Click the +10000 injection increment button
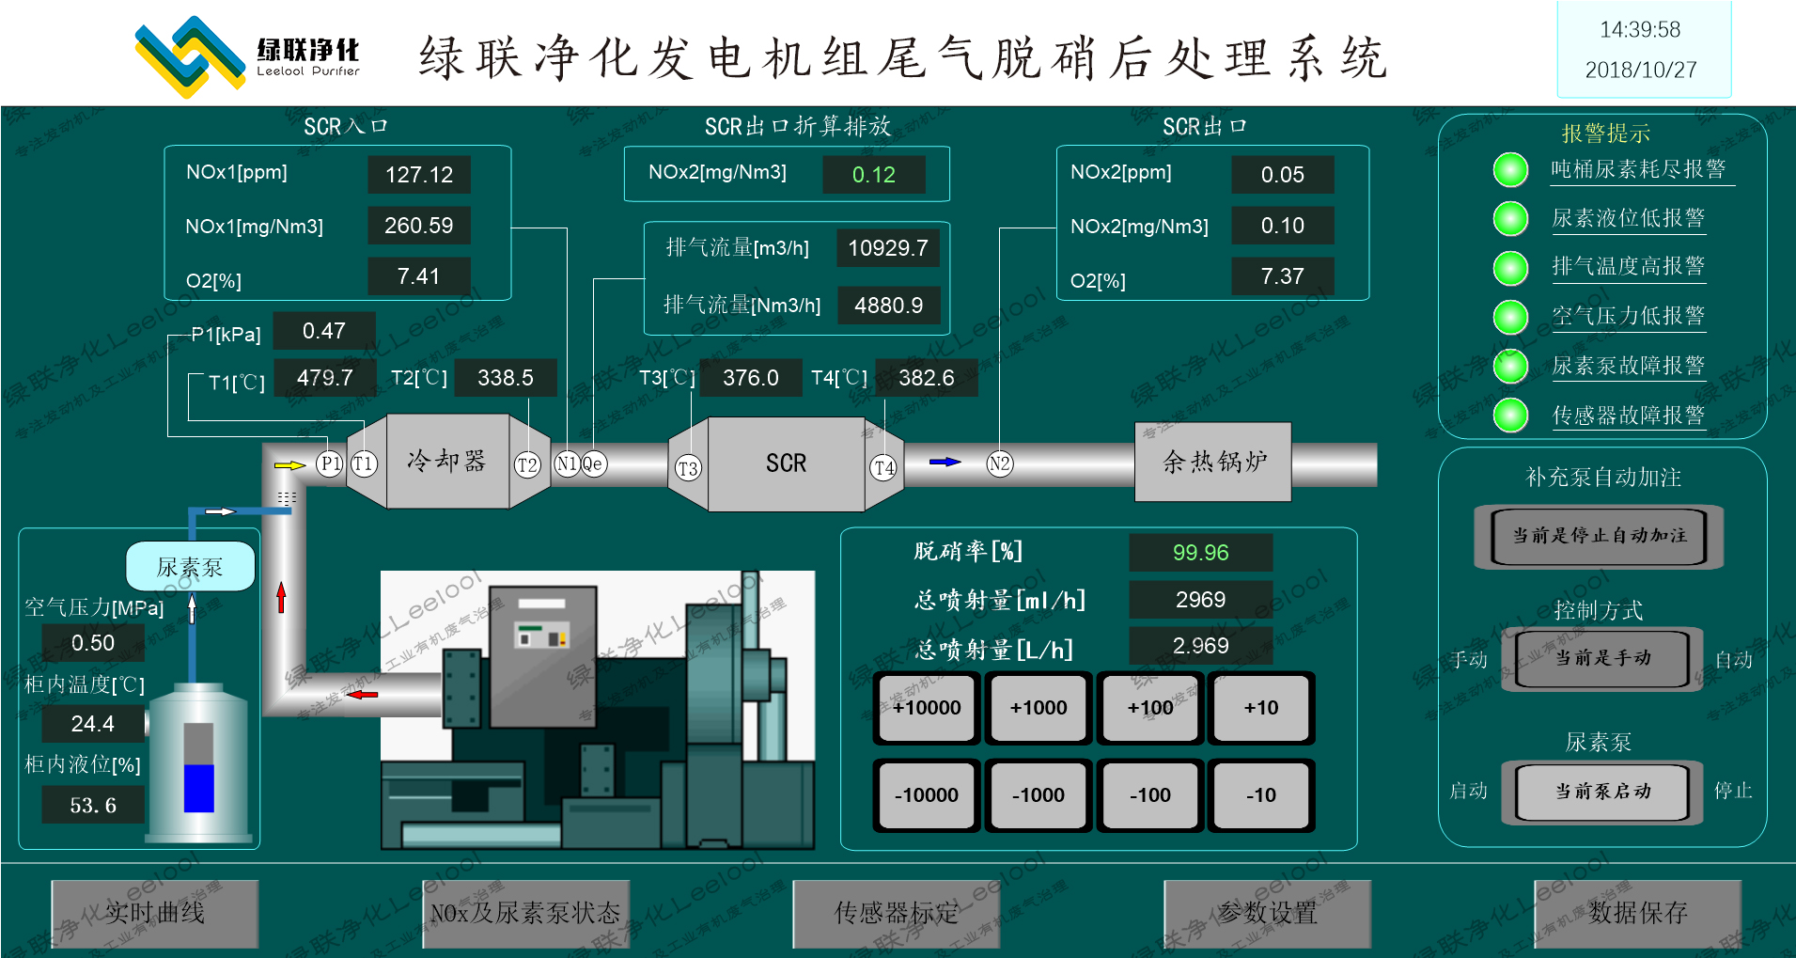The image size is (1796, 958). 927,708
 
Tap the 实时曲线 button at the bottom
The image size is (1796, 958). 155,913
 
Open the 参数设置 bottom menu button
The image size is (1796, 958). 1267,913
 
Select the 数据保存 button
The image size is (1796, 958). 1637,913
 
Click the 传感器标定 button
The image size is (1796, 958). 896,913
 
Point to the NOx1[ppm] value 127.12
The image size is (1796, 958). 419,175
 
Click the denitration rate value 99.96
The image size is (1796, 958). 1200,553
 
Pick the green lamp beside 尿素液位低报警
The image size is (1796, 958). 1510,218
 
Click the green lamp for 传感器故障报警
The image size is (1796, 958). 1510,415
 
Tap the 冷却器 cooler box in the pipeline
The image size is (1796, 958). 447,462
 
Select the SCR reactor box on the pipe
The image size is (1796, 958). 786,463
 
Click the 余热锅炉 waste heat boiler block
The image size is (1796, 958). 1213,462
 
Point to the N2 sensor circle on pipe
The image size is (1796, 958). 999,463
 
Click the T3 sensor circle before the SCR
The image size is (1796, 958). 688,468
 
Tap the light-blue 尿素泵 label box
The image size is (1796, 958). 191,567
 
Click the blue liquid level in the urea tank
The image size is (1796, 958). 198,788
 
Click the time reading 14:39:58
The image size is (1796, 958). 1640,30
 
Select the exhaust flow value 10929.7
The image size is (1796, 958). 887,248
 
